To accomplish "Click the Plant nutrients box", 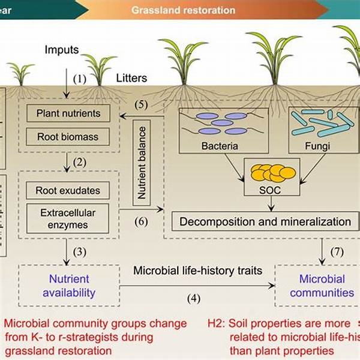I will click(x=68, y=113).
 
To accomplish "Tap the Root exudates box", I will click(x=68, y=191).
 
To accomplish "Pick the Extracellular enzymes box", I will click(x=68, y=219).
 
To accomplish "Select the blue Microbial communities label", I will click(x=323, y=286).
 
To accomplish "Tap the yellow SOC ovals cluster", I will click(x=274, y=172).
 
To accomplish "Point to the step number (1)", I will click(x=80, y=78).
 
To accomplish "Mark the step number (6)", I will click(x=140, y=221).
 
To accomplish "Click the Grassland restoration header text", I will click(x=183, y=10).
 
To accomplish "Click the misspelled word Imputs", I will click(x=61, y=49).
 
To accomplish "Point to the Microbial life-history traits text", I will click(x=197, y=271).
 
